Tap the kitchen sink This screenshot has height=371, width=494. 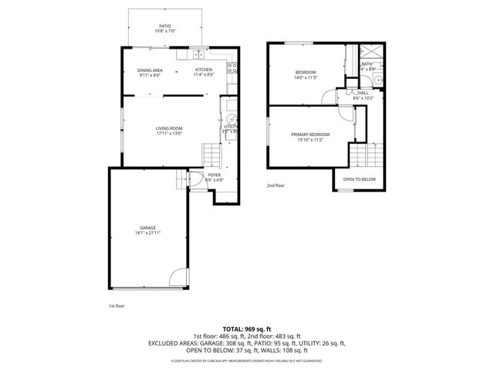(x=198, y=54)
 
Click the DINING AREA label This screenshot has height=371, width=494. (x=150, y=70)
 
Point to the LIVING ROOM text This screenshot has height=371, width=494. (x=168, y=128)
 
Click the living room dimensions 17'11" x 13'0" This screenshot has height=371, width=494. (x=168, y=134)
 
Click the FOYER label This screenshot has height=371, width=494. (x=214, y=175)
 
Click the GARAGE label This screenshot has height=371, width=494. (x=147, y=227)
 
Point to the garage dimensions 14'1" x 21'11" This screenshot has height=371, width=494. (x=147, y=233)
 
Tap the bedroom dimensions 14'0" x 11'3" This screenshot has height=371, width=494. (x=305, y=78)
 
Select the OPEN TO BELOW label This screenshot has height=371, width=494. (x=359, y=179)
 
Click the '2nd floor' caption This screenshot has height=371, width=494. (x=276, y=185)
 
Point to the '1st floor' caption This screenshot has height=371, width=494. (x=117, y=305)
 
